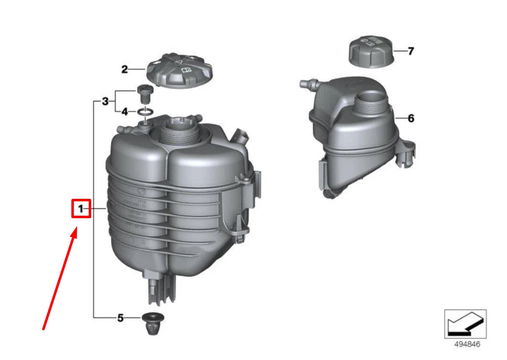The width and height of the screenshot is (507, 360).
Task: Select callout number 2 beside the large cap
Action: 124,69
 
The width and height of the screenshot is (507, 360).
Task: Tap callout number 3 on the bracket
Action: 105,102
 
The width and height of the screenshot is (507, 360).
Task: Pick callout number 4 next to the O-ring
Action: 125,112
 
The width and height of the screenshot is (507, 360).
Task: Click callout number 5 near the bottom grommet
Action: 120,318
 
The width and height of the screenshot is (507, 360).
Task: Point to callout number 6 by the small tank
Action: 411,119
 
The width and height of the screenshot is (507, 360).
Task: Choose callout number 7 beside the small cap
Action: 410,51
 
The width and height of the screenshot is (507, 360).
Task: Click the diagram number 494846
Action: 465,344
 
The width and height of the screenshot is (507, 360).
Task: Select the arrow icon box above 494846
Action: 465,324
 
